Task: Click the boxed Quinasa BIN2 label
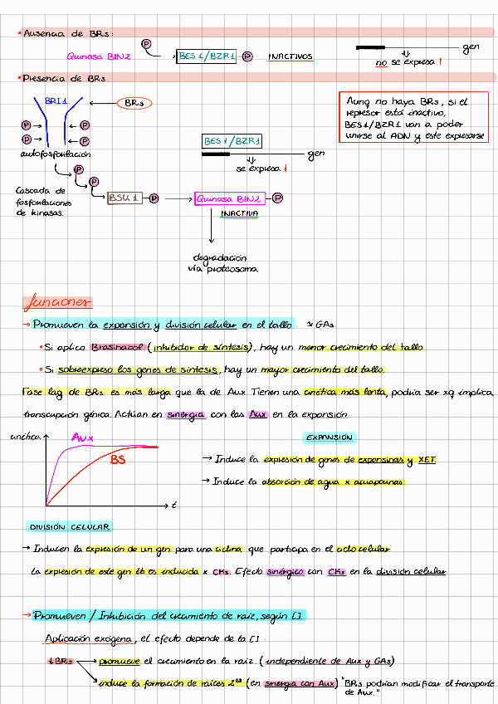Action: pos(229,198)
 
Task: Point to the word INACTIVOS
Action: pos(290,56)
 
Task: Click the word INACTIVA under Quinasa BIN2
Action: pos(239,213)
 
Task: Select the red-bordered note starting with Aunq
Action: pos(415,119)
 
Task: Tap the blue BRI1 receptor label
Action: pos(56,100)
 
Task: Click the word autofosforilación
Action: pos(56,154)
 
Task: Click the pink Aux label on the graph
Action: pos(81,438)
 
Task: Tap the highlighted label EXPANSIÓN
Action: pos(330,438)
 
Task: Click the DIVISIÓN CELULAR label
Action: pos(70,527)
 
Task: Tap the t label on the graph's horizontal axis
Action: pos(174,505)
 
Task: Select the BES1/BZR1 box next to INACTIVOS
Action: pos(207,56)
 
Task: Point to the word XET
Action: pos(427,459)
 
